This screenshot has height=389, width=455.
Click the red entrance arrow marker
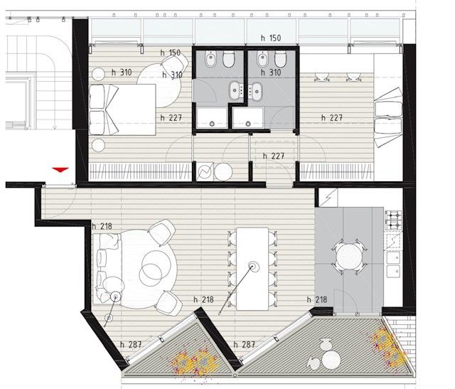[60, 170]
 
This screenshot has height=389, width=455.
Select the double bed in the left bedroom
[122, 110]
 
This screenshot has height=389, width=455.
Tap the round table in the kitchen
[349, 257]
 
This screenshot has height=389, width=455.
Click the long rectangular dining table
[252, 269]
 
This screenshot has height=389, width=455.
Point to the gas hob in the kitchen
[393, 220]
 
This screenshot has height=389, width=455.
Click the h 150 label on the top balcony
[271, 38]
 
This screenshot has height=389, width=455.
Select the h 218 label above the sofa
[102, 226]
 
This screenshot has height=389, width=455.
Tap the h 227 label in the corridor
[273, 156]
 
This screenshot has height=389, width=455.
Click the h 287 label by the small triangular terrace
[131, 345]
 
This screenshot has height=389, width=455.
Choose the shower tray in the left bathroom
[212, 118]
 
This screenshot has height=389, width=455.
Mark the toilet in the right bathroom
[281, 59]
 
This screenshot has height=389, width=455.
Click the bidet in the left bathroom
[210, 59]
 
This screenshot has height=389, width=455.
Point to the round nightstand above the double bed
[98, 75]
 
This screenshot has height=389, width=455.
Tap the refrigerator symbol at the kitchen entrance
[328, 198]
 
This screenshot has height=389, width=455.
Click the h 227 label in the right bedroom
[332, 117]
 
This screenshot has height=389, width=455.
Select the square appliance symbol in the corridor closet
[205, 172]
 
